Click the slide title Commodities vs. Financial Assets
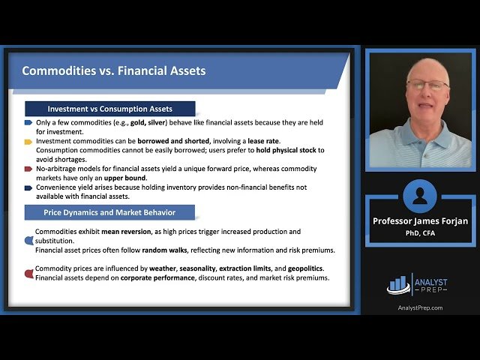click(113, 71)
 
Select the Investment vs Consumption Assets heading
click(109, 108)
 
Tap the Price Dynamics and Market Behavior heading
click(109, 211)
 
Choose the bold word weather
click(164, 268)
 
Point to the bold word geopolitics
click(309, 268)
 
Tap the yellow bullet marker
click(28, 141)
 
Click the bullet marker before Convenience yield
click(28, 187)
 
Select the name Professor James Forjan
click(420, 221)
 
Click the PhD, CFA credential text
click(420, 232)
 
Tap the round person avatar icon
click(420, 196)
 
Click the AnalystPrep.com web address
click(420, 307)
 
